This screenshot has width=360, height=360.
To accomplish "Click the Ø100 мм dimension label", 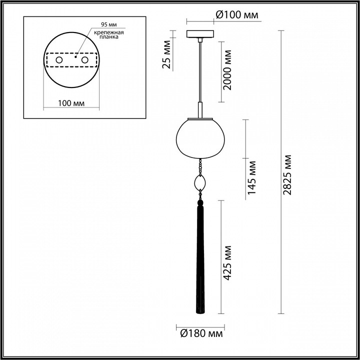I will coord(236,15).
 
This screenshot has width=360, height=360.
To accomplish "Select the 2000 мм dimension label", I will coord(228,70).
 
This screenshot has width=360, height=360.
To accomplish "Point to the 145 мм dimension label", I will coord(252,177).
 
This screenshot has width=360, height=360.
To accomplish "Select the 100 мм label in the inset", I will coord(70,103).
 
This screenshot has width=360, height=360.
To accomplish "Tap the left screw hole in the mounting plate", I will coord(59,60).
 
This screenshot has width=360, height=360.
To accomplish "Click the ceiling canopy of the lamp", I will coord(200,35).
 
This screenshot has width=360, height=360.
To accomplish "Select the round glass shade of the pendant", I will coord(200,137).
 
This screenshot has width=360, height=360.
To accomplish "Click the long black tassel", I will coord(200,260).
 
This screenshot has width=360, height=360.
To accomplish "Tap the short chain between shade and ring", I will coord(200,165).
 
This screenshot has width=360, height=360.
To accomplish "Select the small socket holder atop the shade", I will coord(200,109).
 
